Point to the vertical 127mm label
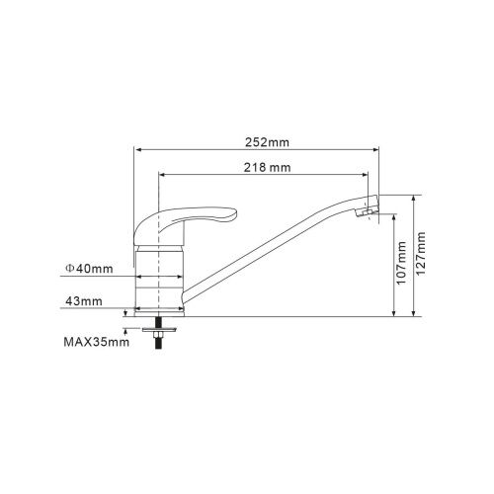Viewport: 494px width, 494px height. pyautogui.click(x=424, y=255)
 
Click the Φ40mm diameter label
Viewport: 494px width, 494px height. pyautogui.click(x=89, y=268)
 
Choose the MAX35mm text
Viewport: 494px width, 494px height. pyautogui.click(x=95, y=343)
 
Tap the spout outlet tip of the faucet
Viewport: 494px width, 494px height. pyautogui.click(x=370, y=210)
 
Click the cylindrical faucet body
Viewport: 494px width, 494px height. pyautogui.click(x=159, y=277)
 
